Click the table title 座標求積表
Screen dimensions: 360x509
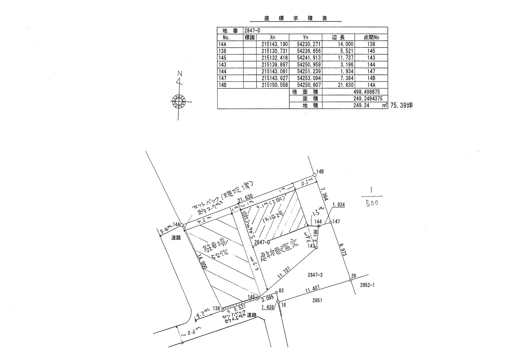tap(295, 19)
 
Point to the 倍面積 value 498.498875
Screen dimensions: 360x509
tap(366, 92)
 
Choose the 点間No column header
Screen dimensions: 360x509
tap(371, 37)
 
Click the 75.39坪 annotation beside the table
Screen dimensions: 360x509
tap(401, 105)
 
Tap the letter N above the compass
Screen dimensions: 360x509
tap(180, 74)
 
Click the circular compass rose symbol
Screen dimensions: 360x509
tap(178, 102)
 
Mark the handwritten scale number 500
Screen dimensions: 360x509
tap(372, 203)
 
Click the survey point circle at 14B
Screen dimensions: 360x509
tap(315, 175)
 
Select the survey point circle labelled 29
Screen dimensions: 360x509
tap(351, 280)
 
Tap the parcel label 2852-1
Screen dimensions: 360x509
tap(367, 285)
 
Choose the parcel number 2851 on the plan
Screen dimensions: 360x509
tap(317, 300)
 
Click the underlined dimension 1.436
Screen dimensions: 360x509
tap(268, 307)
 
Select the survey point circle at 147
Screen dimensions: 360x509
tap(330, 222)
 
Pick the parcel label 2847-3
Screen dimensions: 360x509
tap(315, 275)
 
